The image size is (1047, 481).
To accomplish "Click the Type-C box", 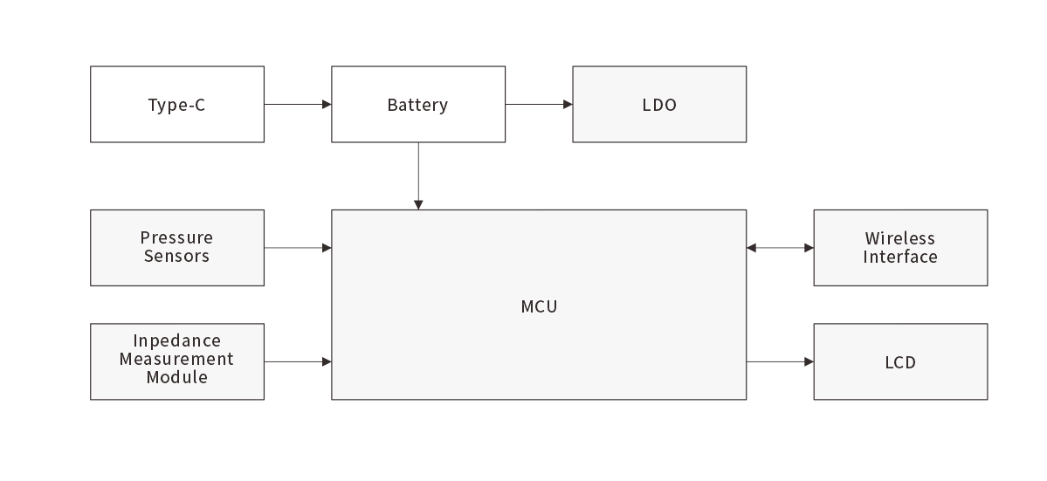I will [x=177, y=104].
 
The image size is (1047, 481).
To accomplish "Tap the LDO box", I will [x=659, y=104].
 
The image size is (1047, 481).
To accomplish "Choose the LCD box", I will [x=900, y=361].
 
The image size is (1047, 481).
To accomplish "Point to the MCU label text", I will [x=539, y=306].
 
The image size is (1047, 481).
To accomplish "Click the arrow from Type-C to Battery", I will [x=298, y=104].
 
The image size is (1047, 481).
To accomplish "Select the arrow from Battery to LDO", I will [x=539, y=104].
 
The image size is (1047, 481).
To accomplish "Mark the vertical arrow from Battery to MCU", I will [x=418, y=175].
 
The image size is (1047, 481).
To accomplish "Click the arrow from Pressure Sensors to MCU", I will [x=298, y=248].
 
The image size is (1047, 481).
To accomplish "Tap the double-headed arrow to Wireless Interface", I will [x=780, y=248].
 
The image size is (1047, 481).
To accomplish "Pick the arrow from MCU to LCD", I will [x=780, y=361].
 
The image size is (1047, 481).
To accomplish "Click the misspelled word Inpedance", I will [x=177, y=340].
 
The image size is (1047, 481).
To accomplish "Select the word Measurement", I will [x=177, y=359].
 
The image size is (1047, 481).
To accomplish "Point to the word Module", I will [x=177, y=377].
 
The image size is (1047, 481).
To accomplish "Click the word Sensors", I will [x=177, y=256].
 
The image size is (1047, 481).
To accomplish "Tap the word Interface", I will [x=900, y=257].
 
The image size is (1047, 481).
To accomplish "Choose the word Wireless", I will [x=900, y=238].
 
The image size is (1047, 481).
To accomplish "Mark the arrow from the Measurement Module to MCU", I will [x=298, y=361].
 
